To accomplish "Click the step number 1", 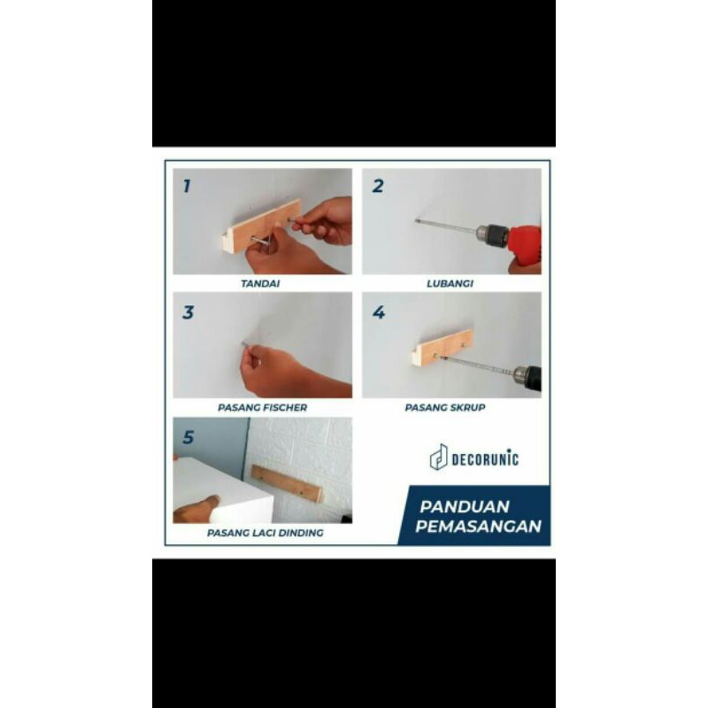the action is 187,186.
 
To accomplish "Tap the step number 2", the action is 378,186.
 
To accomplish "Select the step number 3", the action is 188,312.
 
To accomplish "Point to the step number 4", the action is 379,312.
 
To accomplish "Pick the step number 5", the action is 188,437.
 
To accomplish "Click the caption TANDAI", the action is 260,283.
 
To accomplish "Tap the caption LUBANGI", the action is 450,283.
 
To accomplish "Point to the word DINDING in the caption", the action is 301,533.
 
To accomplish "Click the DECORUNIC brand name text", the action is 485,459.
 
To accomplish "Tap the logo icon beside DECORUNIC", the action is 438,457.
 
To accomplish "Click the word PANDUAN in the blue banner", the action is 464,506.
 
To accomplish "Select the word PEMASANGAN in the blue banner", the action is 478,527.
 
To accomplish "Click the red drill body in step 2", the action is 524,245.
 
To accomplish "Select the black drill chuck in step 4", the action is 527,377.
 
